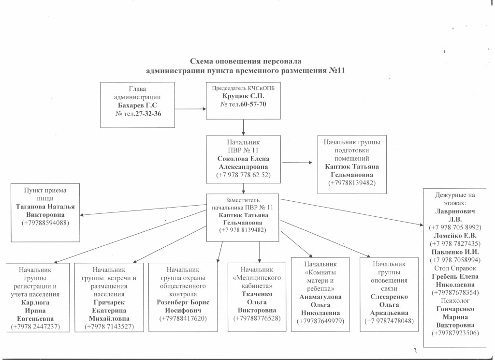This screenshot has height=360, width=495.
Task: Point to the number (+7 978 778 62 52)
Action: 243,174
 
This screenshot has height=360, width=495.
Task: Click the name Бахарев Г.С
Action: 137,105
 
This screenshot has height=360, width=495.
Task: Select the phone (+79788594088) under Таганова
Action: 45,223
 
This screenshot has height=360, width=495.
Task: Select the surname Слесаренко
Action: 390,296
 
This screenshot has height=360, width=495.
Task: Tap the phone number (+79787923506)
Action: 454,333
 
